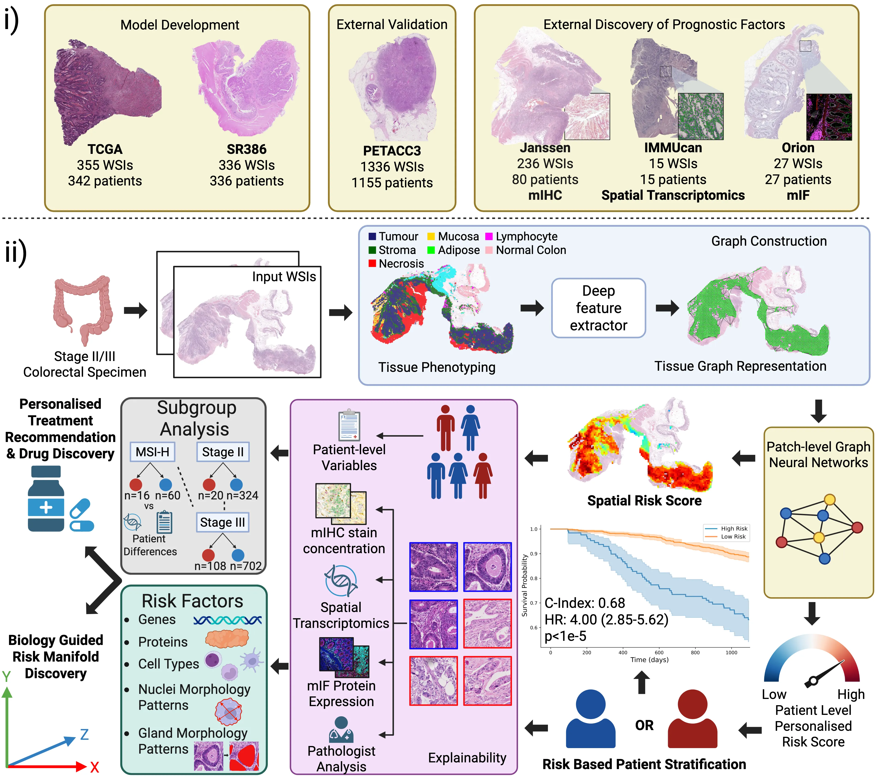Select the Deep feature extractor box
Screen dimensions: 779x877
click(x=598, y=308)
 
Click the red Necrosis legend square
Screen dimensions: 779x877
click(x=372, y=263)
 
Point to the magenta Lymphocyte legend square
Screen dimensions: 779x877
click(x=489, y=236)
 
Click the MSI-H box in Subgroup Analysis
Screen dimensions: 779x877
click(x=152, y=452)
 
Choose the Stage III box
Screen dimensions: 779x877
click(x=222, y=522)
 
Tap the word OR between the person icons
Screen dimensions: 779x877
click(x=644, y=725)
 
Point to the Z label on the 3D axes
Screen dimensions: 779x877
click(x=85, y=734)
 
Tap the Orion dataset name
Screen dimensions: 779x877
click(x=798, y=148)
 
